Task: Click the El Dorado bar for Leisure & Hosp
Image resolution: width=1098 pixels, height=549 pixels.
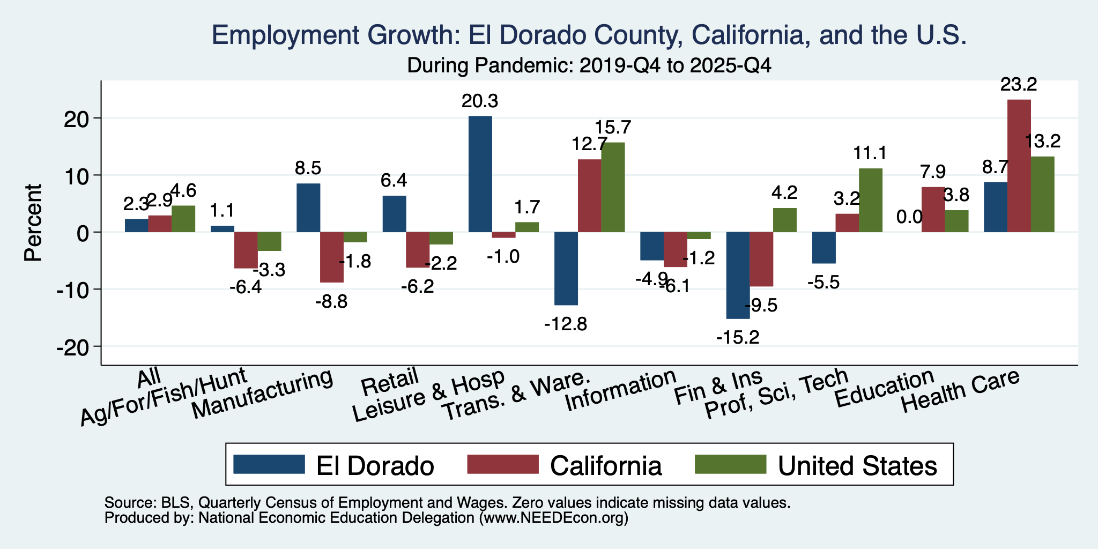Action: tap(480, 174)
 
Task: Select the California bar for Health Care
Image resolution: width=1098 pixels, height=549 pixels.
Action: tap(1019, 166)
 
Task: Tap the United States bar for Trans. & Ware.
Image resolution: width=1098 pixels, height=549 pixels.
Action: tap(613, 187)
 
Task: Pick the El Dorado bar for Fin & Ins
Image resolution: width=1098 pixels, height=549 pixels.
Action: tap(738, 276)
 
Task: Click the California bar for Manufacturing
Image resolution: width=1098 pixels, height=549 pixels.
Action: tap(332, 257)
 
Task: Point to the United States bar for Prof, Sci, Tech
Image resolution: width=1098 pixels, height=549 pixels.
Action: tap(871, 200)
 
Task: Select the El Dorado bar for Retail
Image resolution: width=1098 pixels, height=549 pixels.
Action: tap(394, 214)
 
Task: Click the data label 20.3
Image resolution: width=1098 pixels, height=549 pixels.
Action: tap(480, 101)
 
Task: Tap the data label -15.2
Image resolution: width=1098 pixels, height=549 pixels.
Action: tap(738, 338)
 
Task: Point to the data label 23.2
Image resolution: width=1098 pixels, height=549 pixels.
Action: tap(1019, 84)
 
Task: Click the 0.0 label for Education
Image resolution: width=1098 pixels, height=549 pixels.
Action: tap(909, 217)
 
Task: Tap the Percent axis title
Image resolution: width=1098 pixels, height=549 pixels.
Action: tap(33, 222)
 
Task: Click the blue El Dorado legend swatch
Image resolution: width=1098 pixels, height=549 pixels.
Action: tap(269, 464)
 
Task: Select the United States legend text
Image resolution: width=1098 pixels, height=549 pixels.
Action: tap(857, 466)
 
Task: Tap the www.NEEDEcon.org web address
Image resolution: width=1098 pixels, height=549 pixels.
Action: tap(553, 518)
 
